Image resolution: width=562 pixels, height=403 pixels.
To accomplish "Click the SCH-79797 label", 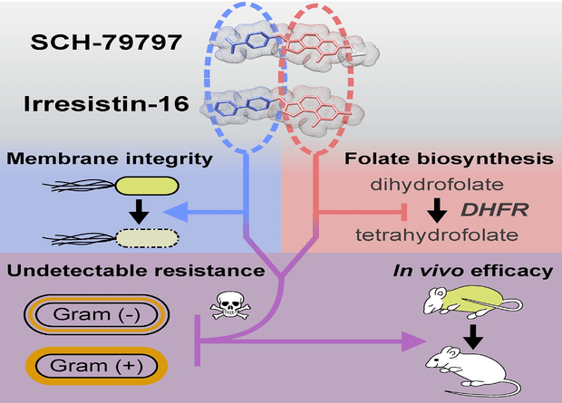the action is click(106, 43).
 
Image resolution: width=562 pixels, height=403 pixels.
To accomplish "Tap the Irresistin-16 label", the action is click(106, 104).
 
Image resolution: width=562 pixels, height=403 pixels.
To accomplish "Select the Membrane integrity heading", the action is click(110, 158).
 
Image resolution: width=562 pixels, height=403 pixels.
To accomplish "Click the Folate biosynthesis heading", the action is click(449, 158).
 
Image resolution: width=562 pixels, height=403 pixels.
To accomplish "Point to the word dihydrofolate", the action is click(437, 185).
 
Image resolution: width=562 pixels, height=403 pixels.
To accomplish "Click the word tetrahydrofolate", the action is click(437, 235).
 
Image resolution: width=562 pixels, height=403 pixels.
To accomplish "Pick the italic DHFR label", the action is click(495, 209).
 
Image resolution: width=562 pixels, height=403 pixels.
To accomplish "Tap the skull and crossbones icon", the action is click(230, 305).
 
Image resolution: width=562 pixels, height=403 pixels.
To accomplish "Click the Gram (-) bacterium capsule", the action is click(97, 314).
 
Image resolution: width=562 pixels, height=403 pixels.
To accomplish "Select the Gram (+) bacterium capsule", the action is click(97, 366).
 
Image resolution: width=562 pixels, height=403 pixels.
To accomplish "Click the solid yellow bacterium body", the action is click(147, 186).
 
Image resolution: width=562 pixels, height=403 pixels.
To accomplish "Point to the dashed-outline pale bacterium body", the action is click(147, 238).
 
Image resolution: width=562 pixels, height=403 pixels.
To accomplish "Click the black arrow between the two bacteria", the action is click(139, 212).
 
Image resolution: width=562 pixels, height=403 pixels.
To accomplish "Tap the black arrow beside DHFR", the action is click(437, 210).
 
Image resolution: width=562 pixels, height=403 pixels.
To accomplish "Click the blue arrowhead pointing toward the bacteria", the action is click(176, 212).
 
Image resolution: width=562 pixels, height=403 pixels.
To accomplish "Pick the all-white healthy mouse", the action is click(471, 369).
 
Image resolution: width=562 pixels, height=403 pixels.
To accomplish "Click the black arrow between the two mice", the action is click(473, 337).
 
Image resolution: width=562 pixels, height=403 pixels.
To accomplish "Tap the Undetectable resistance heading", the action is click(136, 271).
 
